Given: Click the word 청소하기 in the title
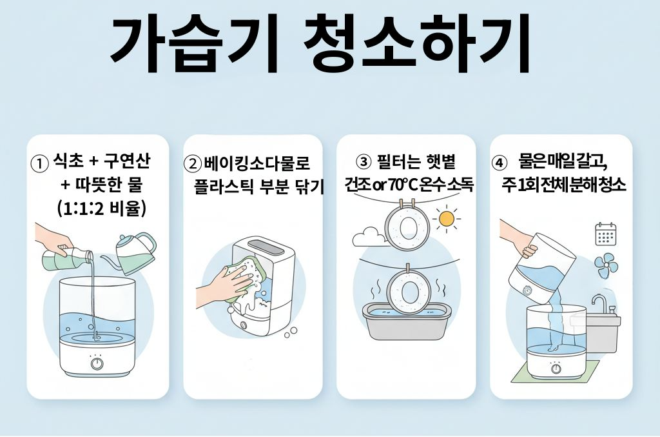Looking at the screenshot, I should (x=417, y=44).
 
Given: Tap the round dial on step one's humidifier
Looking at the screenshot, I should (x=97, y=363).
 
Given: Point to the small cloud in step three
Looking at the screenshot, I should (x=367, y=237).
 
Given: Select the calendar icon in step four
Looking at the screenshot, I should (x=606, y=234).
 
